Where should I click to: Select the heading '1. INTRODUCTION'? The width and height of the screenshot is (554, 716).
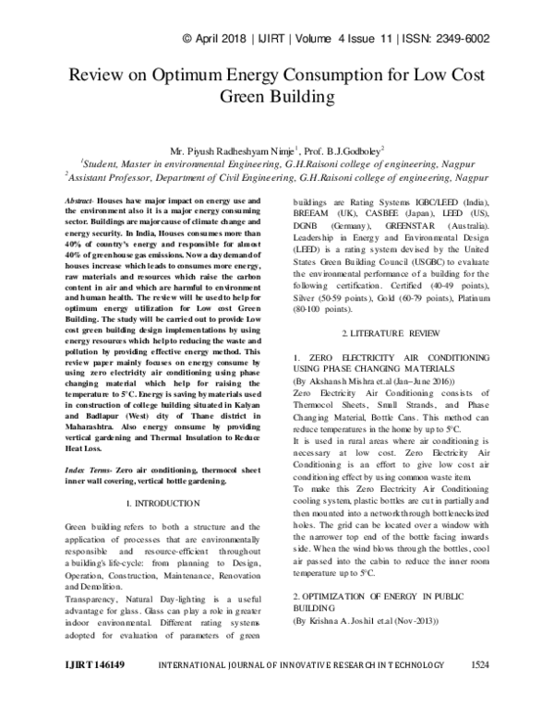(x=161, y=503)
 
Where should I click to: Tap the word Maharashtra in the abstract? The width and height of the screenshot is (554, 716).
(x=99, y=427)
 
